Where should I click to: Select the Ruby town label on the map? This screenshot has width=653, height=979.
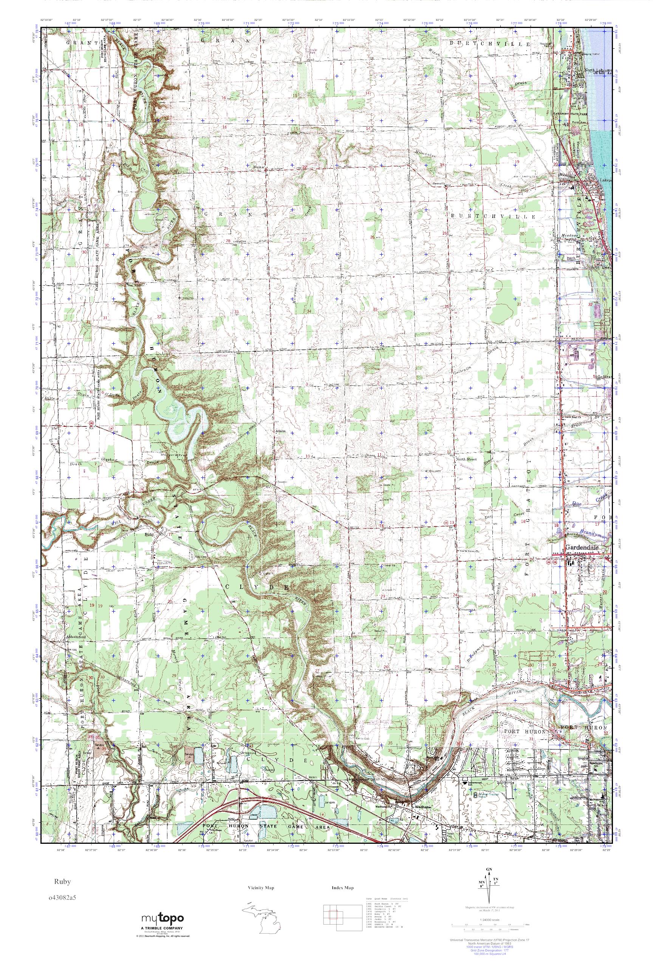tap(149, 534)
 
